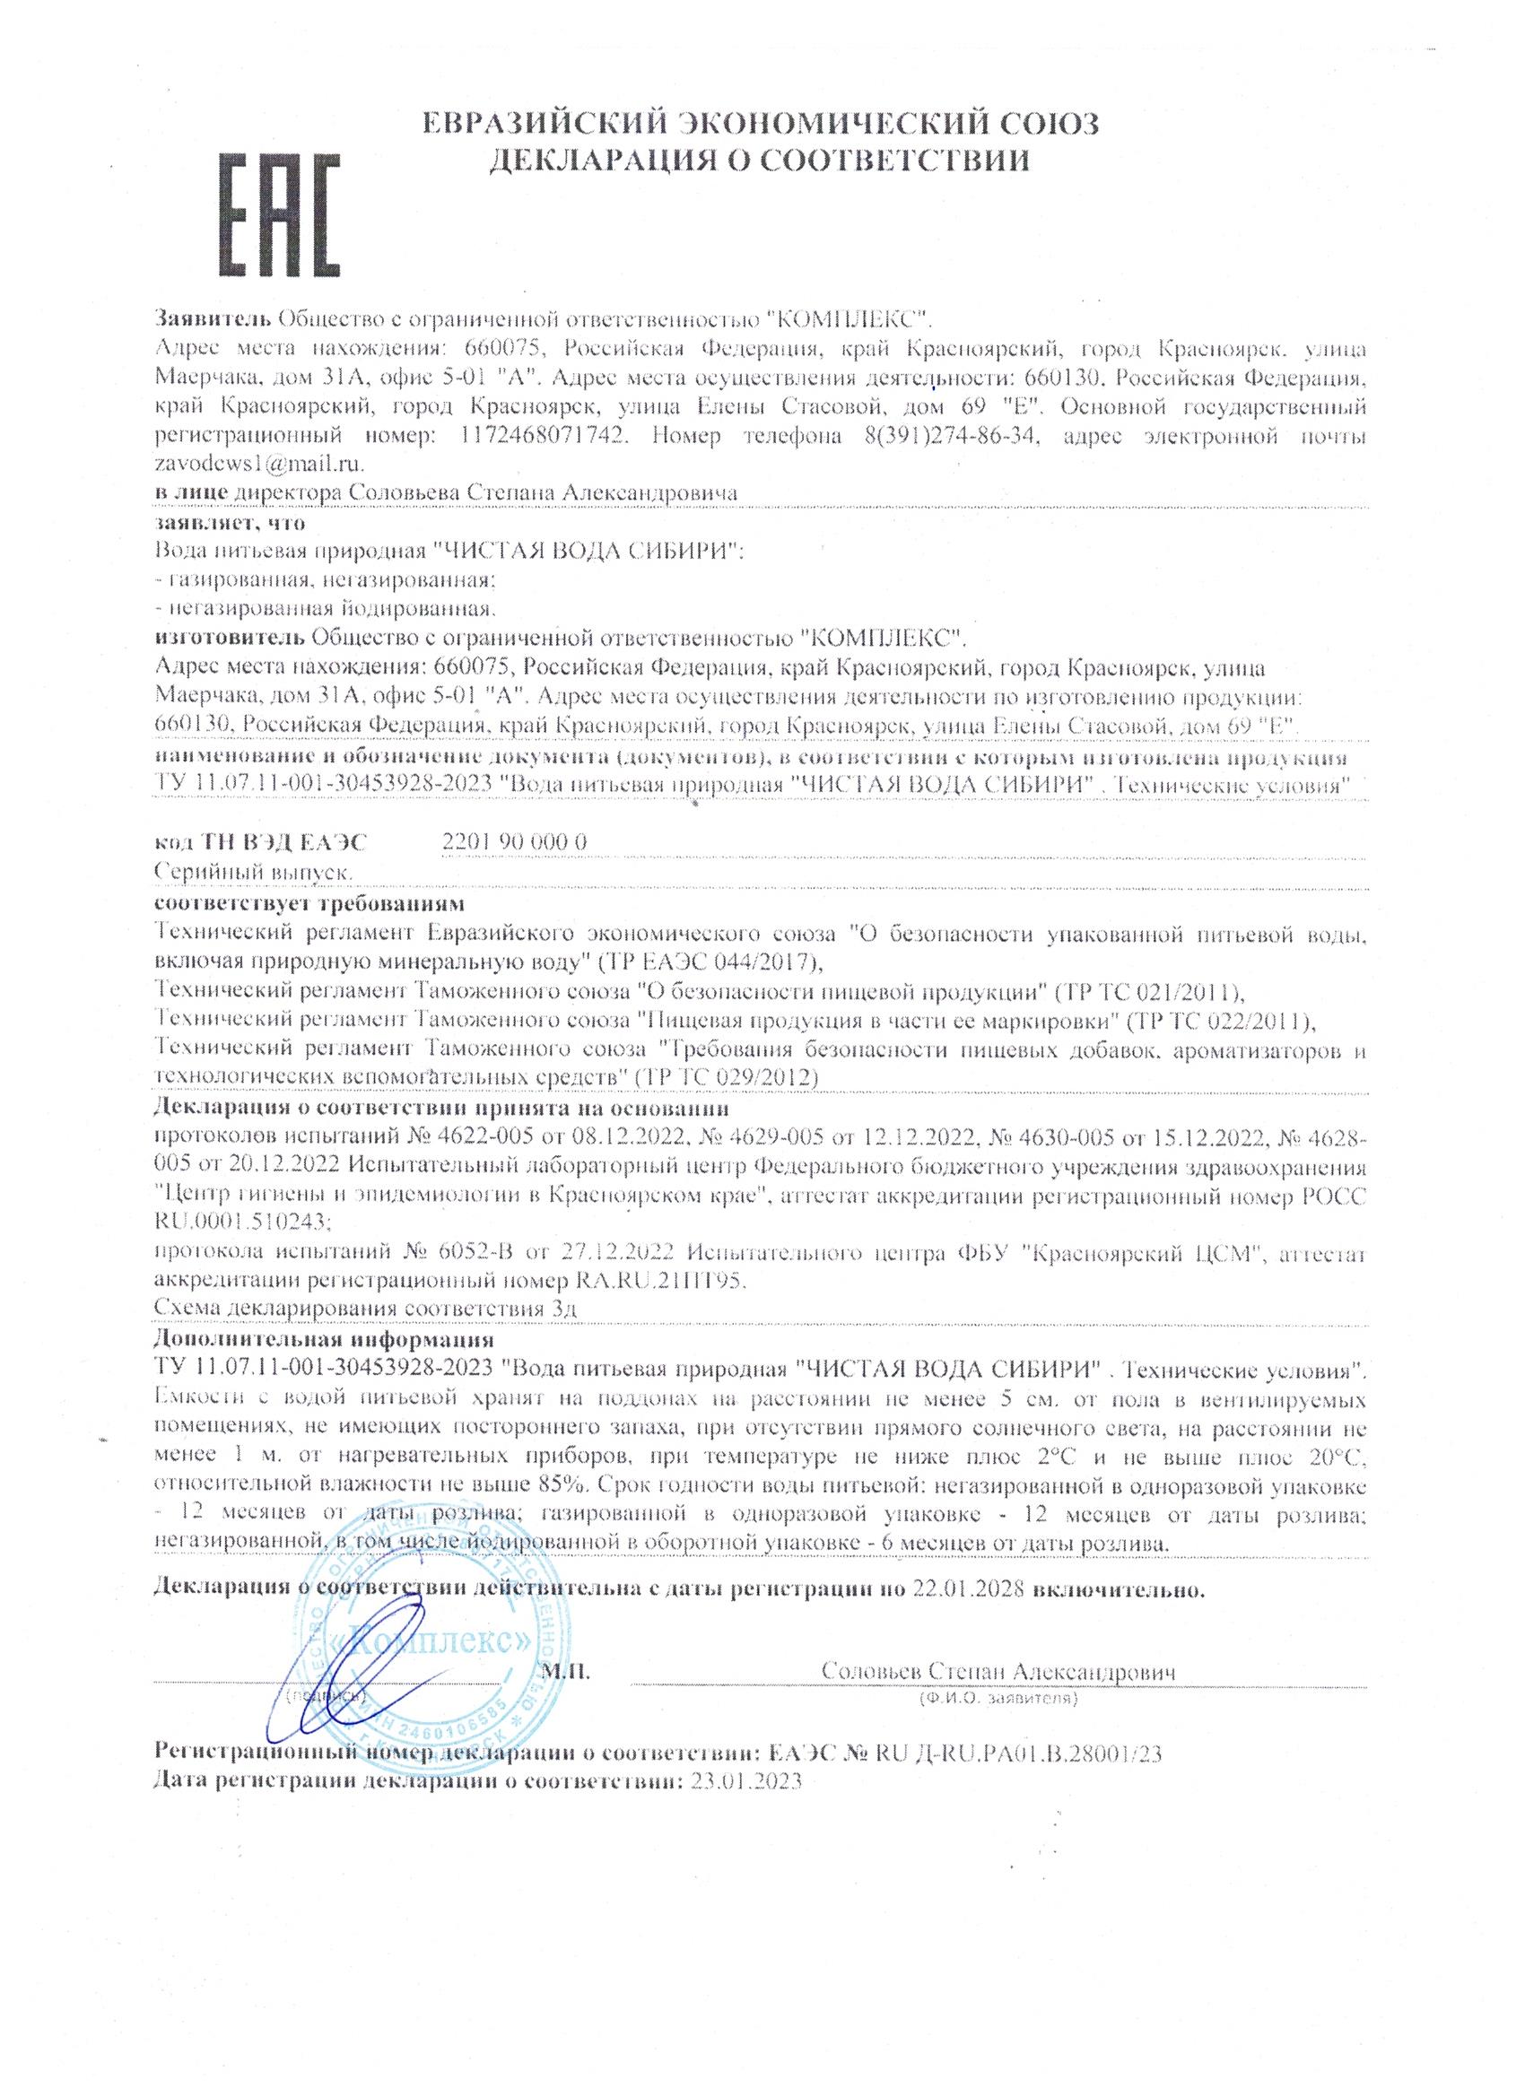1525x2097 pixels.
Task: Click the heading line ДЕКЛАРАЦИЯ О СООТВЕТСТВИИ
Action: [758, 160]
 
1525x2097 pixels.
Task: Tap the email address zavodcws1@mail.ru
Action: [261, 460]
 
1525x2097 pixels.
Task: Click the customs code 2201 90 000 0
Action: [515, 841]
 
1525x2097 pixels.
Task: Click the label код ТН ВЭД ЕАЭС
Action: [261, 841]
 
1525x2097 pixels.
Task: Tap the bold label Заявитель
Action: [212, 320]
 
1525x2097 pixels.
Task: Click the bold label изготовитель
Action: [230, 637]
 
